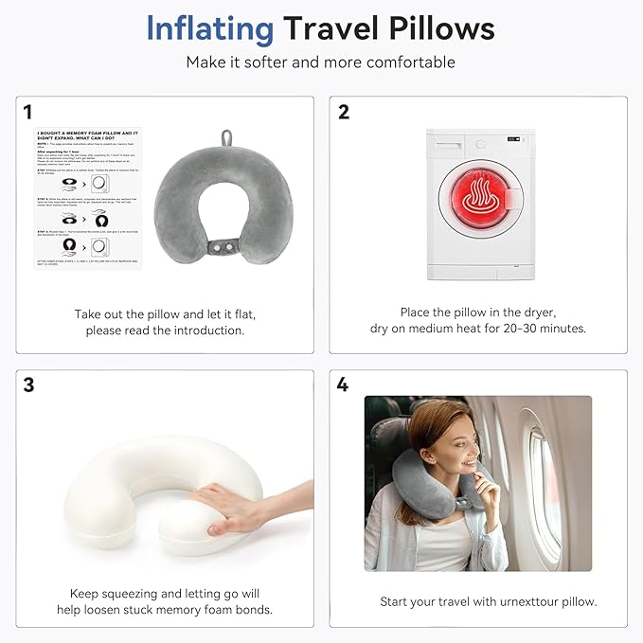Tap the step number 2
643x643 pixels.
(x=344, y=112)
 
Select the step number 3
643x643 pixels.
(x=27, y=384)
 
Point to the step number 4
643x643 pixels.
(x=343, y=384)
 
